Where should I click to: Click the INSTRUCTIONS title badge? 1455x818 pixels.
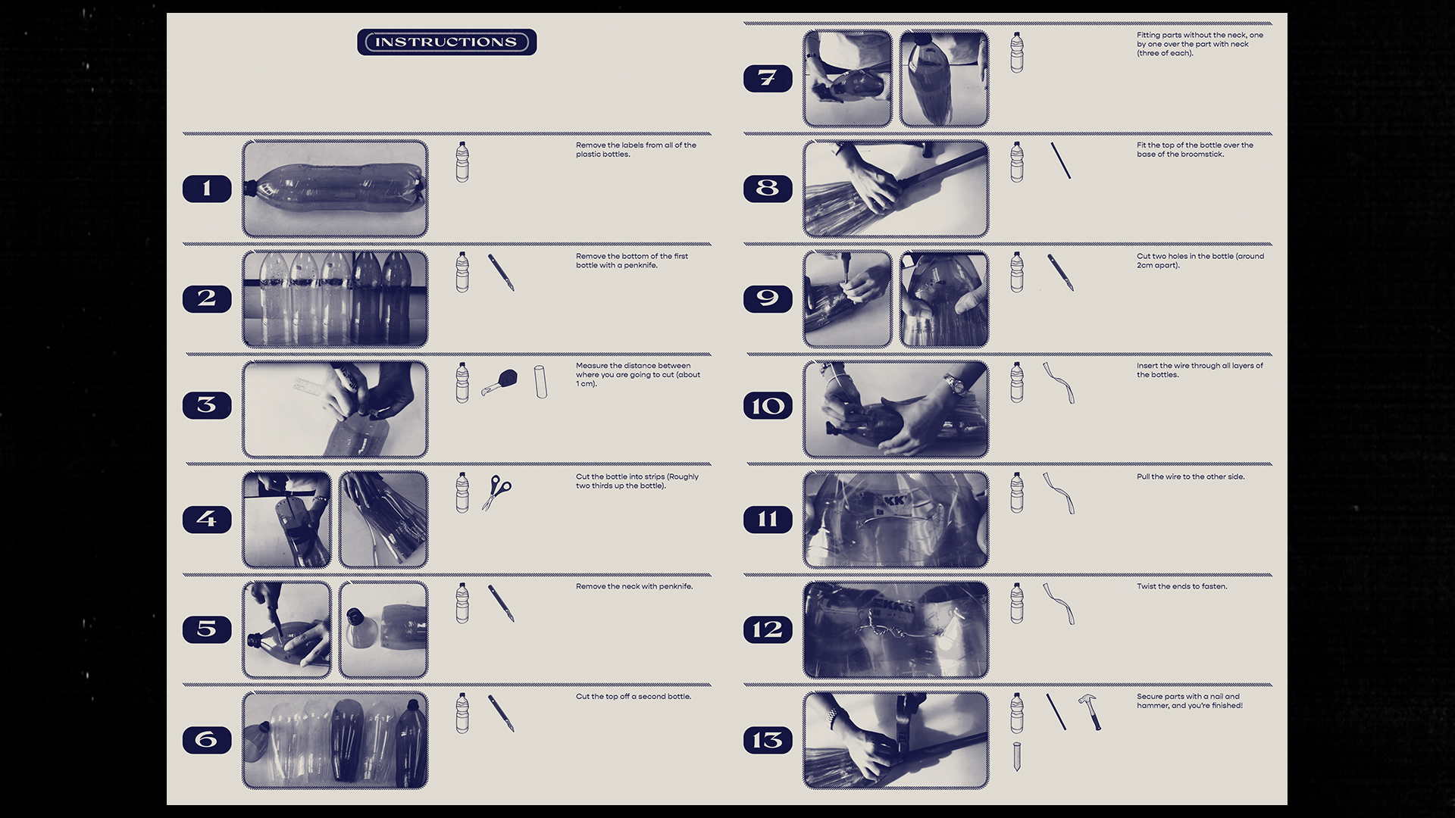446,42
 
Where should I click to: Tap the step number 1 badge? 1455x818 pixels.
207,189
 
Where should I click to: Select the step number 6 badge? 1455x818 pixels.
207,740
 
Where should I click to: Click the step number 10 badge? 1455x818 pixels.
768,406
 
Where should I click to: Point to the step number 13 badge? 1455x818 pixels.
768,740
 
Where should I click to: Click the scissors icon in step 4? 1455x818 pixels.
496,492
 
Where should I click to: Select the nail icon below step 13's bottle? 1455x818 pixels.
1017,757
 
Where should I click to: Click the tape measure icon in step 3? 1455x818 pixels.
499,382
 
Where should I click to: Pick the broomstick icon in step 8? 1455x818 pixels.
1060,161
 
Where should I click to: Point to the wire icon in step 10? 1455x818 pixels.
1059,382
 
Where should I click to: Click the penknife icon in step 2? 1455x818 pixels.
501,273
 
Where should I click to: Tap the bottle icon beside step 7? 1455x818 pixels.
1017,52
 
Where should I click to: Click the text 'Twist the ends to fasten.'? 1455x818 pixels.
1181,586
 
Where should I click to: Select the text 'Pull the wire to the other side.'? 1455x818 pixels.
1191,476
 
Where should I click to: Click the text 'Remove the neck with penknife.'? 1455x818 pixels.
634,586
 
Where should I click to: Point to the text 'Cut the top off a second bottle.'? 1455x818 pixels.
634,696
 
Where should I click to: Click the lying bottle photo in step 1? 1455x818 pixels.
335,189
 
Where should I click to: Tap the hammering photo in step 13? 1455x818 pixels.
896,740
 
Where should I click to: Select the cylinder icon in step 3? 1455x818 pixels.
540,382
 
